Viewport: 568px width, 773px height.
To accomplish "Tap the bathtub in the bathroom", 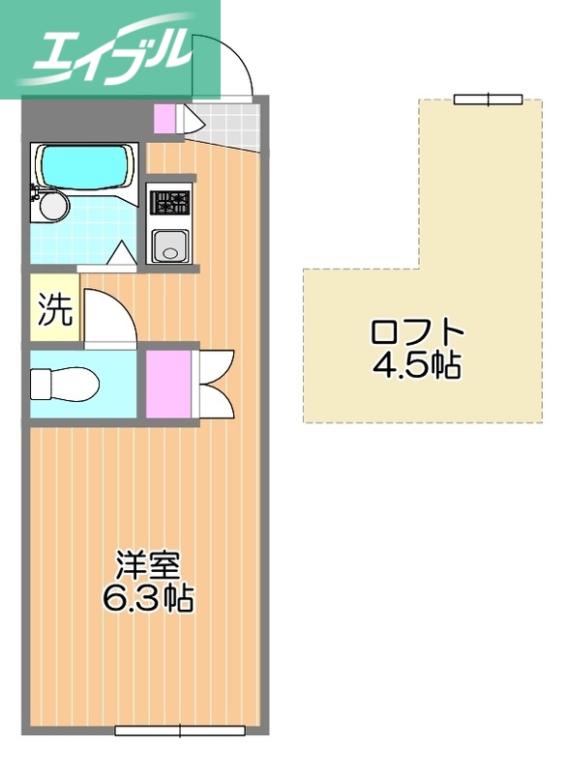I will pyautogui.click(x=85, y=167).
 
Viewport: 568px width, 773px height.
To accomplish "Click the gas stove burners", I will pyautogui.click(x=171, y=203).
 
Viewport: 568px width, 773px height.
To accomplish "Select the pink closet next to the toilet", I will pyautogui.click(x=168, y=384).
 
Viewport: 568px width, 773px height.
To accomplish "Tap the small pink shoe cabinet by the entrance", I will pyautogui.click(x=166, y=120).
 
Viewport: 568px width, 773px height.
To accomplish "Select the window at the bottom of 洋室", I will pyautogui.click(x=180, y=730).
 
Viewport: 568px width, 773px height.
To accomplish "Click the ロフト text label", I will pyautogui.click(x=417, y=332).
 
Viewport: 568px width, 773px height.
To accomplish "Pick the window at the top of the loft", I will pyautogui.click(x=489, y=99).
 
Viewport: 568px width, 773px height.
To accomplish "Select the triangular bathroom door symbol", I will pyautogui.click(x=121, y=254).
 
